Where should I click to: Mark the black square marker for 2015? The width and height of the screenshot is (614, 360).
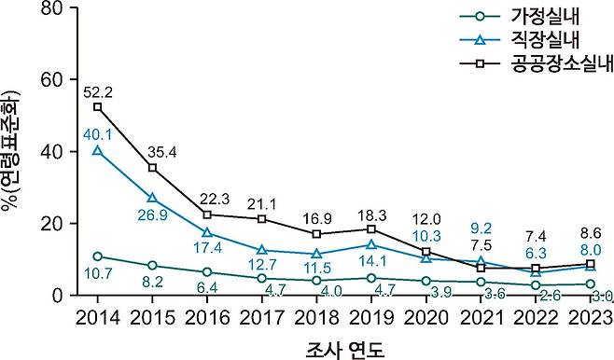[x=153, y=168]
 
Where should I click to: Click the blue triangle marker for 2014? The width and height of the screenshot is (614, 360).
[x=98, y=150]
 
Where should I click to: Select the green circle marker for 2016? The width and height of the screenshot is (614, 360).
[x=208, y=271]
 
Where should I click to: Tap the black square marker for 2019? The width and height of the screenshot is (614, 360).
[x=372, y=228]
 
